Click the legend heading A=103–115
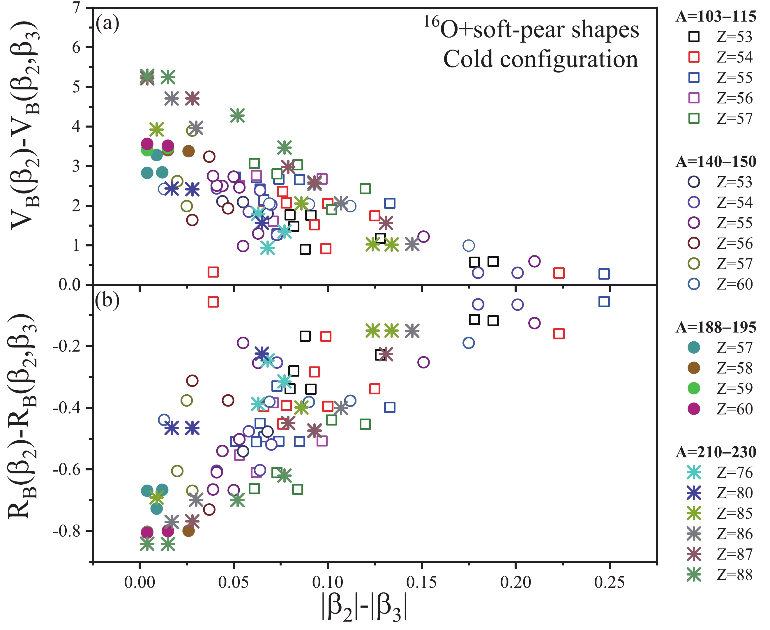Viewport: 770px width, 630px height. click(716, 17)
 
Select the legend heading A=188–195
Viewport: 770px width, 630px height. click(716, 327)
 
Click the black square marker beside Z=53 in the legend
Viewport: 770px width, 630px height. click(694, 37)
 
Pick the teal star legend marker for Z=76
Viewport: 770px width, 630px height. click(694, 472)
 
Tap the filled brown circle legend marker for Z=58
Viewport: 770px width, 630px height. click(694, 368)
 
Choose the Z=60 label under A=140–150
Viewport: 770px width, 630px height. click(734, 284)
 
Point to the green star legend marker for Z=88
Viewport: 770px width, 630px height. click(694, 574)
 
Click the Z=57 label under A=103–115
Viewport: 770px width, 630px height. click(734, 119)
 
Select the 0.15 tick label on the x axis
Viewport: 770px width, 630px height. click(421, 583)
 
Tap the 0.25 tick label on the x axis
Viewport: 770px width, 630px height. click(609, 583)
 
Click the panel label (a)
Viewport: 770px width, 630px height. click(107, 24)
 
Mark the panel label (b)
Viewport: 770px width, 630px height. click(107, 301)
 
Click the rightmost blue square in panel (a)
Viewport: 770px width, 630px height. click(604, 274)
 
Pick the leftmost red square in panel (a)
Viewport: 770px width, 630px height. click(213, 272)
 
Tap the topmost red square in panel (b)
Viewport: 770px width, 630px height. click(213, 302)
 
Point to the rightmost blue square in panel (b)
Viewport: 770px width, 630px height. click(604, 301)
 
